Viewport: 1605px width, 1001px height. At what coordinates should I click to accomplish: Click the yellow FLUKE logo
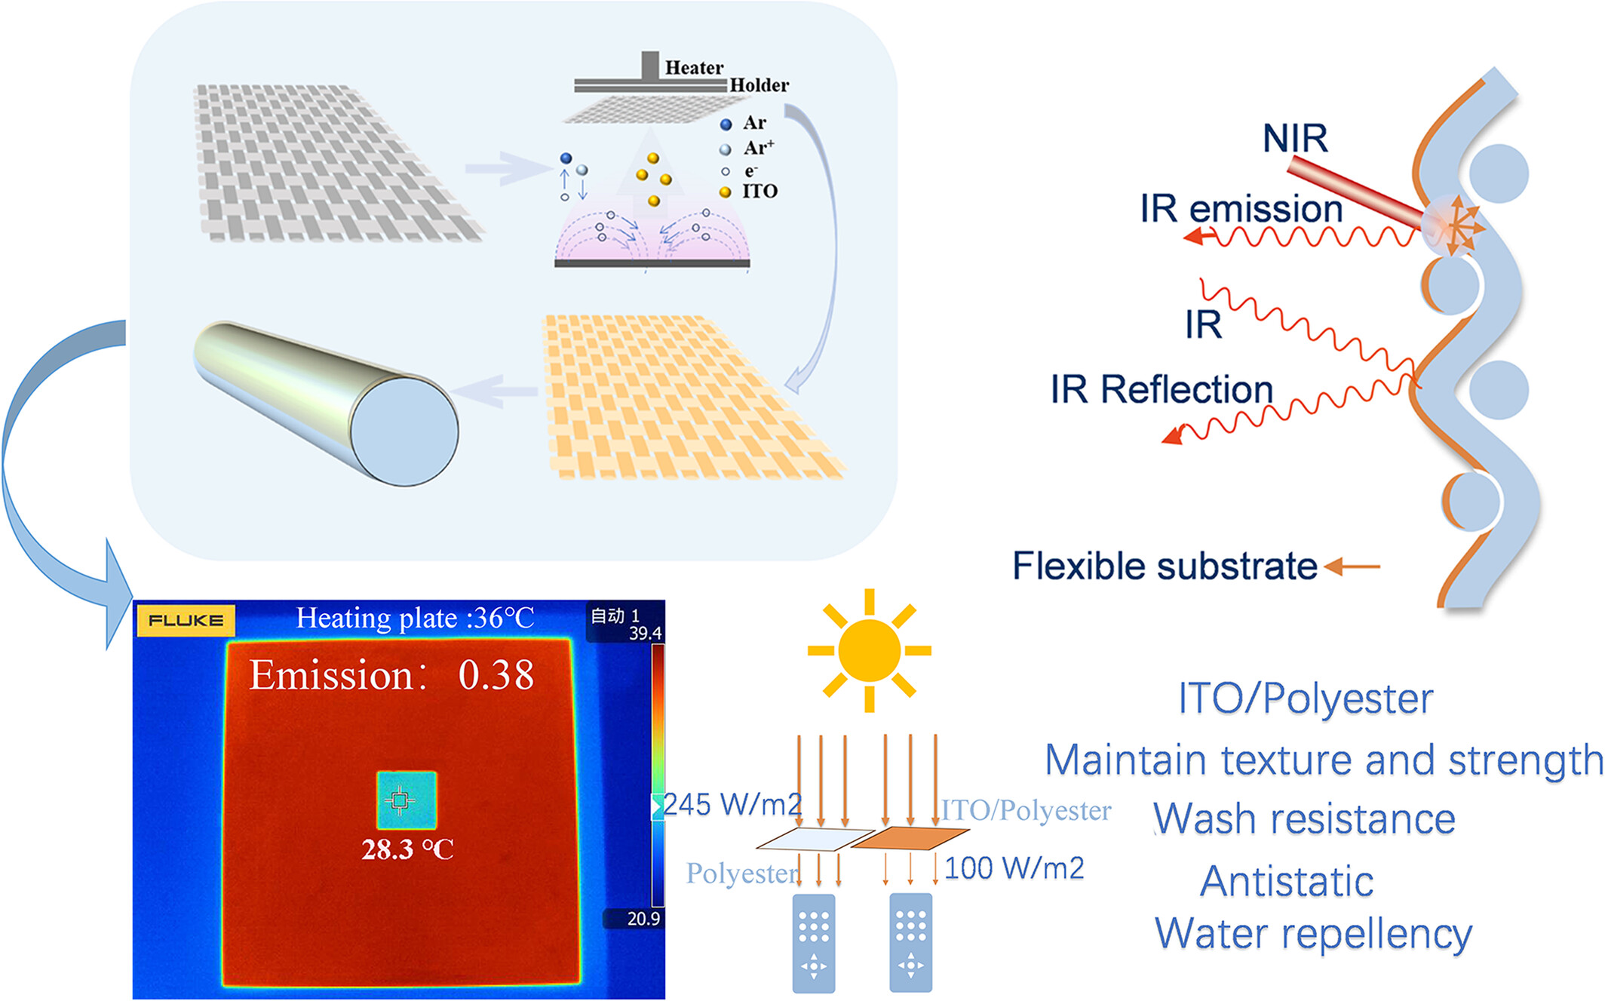point(186,621)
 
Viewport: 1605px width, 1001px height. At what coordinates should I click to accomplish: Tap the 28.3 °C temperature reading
point(407,849)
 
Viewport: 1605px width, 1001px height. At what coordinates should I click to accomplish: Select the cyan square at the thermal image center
point(407,800)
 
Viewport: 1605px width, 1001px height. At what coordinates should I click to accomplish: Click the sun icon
point(869,650)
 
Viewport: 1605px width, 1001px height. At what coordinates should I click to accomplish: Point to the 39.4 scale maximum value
point(646,633)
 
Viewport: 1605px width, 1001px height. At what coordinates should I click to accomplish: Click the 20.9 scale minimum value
point(643,918)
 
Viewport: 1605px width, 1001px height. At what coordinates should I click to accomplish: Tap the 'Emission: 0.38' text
point(391,674)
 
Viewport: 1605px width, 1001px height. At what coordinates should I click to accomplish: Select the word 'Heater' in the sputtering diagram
point(694,67)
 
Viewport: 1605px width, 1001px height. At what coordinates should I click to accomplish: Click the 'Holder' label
point(759,85)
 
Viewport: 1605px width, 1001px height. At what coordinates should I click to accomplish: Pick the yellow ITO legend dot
point(726,192)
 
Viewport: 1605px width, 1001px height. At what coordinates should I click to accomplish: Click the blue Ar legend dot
point(726,124)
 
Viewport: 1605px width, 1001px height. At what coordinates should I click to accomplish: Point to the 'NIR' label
point(1295,138)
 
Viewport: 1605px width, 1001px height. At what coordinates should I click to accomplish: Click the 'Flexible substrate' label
point(1165,566)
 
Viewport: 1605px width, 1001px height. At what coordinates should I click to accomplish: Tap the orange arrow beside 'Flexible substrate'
point(1352,566)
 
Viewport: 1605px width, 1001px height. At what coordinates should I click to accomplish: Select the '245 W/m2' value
point(732,804)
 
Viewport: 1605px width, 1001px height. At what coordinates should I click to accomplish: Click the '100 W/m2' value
point(1014,868)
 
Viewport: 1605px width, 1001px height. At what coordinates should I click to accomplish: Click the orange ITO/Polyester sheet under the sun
point(910,838)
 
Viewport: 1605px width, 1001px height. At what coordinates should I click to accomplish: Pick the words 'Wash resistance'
point(1305,819)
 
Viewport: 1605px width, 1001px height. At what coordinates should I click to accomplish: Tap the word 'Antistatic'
point(1287,881)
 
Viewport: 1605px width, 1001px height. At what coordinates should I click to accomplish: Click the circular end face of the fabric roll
point(405,431)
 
